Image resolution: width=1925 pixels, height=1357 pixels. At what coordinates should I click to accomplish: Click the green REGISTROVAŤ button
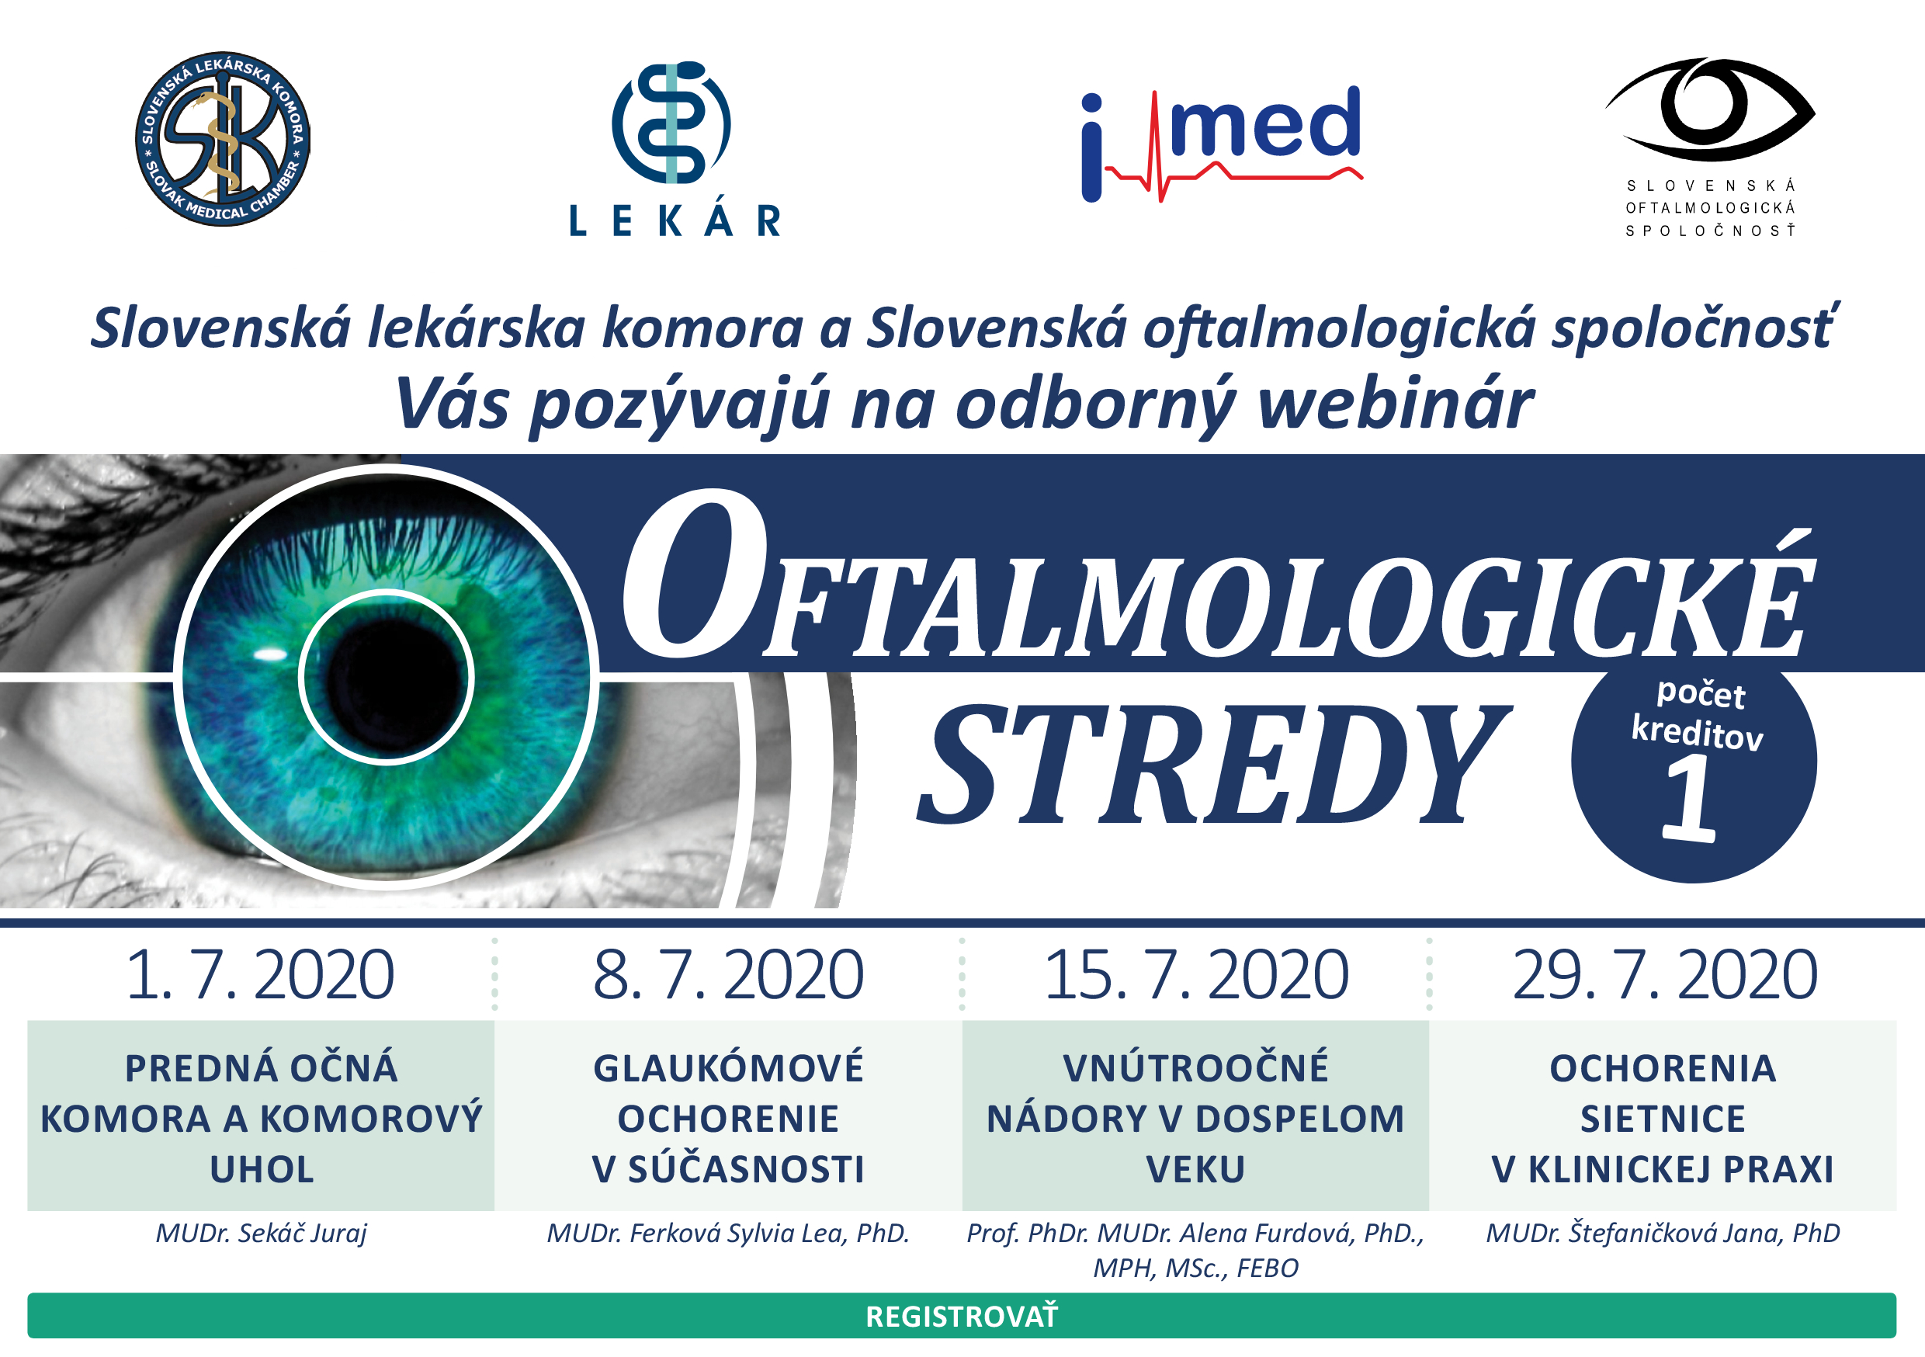click(x=962, y=1316)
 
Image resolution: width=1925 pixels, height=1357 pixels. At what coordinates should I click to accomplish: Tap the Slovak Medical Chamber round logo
click(x=223, y=138)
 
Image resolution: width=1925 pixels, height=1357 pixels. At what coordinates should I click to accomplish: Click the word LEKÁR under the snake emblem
click(x=675, y=221)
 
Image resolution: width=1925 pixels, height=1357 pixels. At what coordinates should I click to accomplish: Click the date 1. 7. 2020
click(x=260, y=974)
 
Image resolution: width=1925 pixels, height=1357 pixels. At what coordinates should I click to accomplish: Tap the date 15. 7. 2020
click(x=1195, y=974)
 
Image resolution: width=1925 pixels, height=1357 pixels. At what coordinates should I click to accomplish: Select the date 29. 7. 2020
click(x=1664, y=974)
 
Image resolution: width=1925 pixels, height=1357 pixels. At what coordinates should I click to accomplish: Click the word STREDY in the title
click(x=1214, y=764)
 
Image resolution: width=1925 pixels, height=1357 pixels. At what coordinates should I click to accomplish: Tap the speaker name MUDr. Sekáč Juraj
click(x=261, y=1234)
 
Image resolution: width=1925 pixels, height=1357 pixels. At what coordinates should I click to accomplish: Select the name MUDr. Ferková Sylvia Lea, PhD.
click(x=728, y=1234)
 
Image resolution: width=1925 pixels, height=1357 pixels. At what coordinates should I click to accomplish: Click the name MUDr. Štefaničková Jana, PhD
click(x=1663, y=1234)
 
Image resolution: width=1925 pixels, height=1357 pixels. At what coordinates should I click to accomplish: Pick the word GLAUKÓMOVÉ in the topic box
click(x=729, y=1068)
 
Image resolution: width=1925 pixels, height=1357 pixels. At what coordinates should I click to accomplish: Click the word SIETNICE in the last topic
click(x=1663, y=1119)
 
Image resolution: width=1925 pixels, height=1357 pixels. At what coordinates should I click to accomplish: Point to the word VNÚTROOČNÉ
click(x=1195, y=1068)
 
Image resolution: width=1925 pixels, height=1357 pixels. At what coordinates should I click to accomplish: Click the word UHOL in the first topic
click(x=262, y=1170)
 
